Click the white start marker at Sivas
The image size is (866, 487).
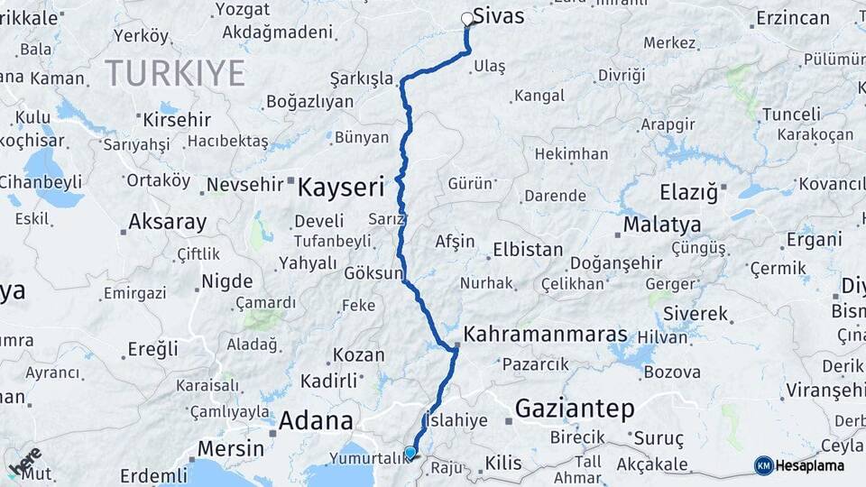(467, 18)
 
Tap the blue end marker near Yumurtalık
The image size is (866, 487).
(410, 453)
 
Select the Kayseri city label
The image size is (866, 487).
(341, 188)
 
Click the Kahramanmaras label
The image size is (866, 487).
(546, 335)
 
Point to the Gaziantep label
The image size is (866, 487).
(574, 409)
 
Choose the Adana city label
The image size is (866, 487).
(315, 420)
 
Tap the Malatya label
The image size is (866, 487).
(661, 224)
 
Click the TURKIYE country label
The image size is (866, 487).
(174, 73)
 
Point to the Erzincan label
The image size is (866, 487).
(792, 18)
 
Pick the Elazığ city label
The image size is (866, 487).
(687, 191)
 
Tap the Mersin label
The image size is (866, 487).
(230, 448)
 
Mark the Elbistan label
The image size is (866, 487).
(528, 250)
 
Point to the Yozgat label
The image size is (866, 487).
(242, 9)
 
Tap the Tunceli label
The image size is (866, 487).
(791, 115)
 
